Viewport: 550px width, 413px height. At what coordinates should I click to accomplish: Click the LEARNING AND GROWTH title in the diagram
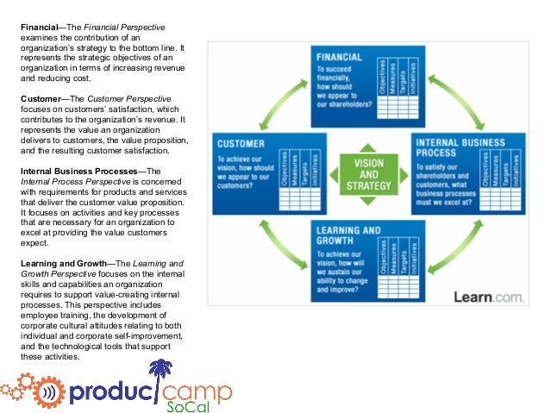coord(347,236)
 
